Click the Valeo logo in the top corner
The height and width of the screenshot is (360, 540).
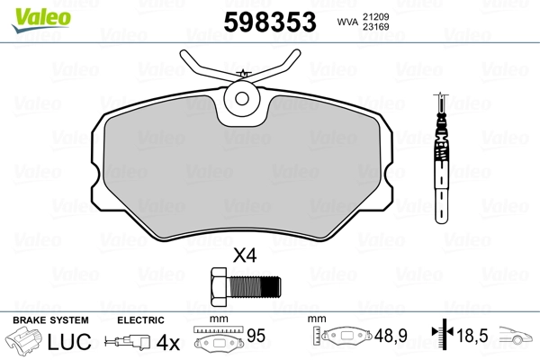pyautogui.click(x=41, y=20)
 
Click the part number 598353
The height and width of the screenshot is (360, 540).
pyautogui.click(x=270, y=22)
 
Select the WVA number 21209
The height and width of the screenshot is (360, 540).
pyautogui.click(x=375, y=16)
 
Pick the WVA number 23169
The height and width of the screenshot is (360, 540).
pyautogui.click(x=375, y=27)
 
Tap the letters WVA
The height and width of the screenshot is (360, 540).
pyautogui.click(x=347, y=22)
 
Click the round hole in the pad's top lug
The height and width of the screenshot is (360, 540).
pyautogui.click(x=242, y=99)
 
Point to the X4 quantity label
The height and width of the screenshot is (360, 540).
pyautogui.click(x=245, y=256)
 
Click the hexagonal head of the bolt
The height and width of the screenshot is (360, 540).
pyautogui.click(x=219, y=287)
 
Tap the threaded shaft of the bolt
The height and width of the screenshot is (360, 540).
pyautogui.click(x=254, y=287)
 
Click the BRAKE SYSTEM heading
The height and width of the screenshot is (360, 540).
pyautogui.click(x=50, y=320)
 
